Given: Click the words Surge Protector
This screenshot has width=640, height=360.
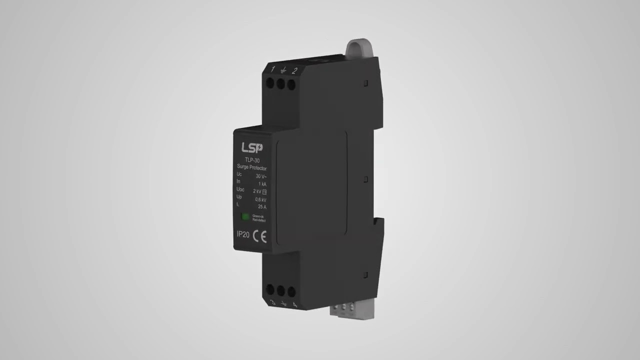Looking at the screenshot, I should click(251, 168).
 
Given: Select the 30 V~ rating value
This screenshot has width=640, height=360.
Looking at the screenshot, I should click(261, 176).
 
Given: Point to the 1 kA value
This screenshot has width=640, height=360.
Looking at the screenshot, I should click(262, 184).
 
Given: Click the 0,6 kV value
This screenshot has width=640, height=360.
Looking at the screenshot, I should click(261, 199).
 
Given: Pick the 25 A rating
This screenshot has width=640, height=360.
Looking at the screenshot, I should click(261, 207).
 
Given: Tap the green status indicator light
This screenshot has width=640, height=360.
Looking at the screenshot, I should click(245, 217).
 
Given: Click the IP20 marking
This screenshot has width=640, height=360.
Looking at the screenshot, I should click(243, 234).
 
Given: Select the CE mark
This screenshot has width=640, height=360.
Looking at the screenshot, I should click(260, 235).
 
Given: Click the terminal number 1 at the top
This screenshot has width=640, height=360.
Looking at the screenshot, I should click(272, 69).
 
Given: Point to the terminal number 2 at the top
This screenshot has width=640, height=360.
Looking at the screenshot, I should click(294, 70).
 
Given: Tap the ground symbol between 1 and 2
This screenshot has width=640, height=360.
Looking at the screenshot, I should click(283, 70).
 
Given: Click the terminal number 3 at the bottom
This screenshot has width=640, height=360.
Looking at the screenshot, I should click(272, 301).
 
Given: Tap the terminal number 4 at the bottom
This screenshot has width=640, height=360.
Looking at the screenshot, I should click(294, 304).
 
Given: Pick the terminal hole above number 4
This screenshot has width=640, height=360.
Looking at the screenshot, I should click(291, 291).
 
